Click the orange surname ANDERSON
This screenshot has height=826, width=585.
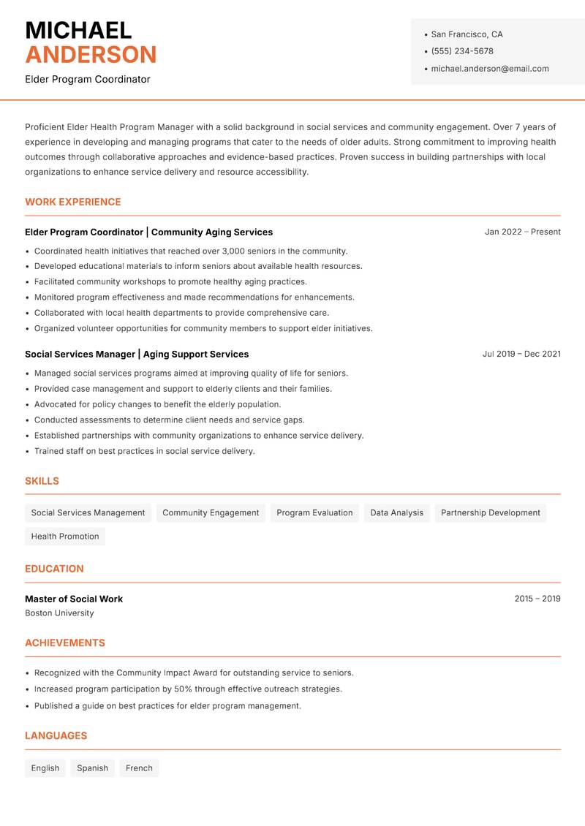click(x=91, y=55)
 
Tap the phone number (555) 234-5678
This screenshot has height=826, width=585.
click(x=462, y=51)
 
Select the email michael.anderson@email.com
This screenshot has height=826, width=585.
click(x=490, y=69)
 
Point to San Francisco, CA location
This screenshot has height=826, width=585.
click(x=467, y=34)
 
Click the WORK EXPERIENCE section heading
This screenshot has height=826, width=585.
click(x=73, y=202)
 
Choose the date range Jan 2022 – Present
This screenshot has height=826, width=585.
click(x=522, y=232)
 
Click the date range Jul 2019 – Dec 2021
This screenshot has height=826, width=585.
click(x=521, y=354)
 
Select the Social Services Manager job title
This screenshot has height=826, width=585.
click(x=80, y=355)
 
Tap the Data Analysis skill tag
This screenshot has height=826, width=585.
click(x=396, y=513)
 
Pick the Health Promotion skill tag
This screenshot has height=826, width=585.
click(x=65, y=537)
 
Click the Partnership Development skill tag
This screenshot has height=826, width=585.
click(x=491, y=513)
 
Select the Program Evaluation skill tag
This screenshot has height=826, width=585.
click(x=314, y=513)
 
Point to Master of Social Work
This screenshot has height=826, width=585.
click(x=74, y=599)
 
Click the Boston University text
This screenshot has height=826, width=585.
click(x=59, y=613)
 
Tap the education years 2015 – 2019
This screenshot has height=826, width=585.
click(x=537, y=599)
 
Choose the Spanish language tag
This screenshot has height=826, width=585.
click(x=92, y=768)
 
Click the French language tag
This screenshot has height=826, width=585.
click(x=139, y=768)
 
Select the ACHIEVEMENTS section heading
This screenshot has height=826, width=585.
click(x=65, y=643)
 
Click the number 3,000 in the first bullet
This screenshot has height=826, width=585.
click(x=233, y=251)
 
